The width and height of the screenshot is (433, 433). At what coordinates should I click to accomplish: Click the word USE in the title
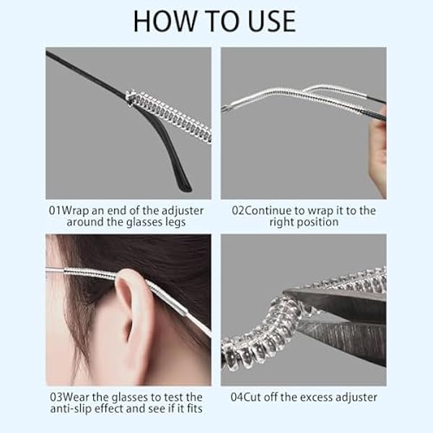[x=272, y=21]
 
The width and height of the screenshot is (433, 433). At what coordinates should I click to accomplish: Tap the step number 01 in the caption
[x=55, y=211]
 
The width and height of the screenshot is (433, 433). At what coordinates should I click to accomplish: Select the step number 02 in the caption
[x=238, y=211]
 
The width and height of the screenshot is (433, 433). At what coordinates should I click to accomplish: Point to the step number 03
[x=56, y=398]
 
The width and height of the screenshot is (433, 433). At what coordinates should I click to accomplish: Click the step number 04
[x=237, y=398]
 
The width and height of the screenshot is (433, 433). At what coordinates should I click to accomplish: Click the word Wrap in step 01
[x=75, y=211]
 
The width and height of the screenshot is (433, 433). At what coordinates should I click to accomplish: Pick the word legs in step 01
[x=175, y=222]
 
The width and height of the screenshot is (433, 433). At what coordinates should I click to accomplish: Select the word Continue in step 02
[x=268, y=211]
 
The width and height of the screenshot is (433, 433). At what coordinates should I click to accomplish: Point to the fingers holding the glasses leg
[x=379, y=154]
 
